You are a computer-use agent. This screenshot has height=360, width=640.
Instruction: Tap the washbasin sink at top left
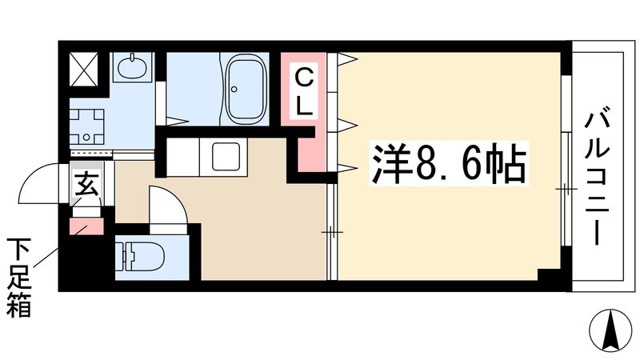(x=130, y=68)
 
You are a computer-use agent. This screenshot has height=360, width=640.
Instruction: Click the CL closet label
(x=305, y=90)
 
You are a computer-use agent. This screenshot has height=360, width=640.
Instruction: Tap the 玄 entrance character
(x=85, y=186)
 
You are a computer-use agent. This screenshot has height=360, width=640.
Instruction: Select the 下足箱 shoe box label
(x=18, y=277)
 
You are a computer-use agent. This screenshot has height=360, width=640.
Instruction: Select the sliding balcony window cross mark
(x=566, y=189)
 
